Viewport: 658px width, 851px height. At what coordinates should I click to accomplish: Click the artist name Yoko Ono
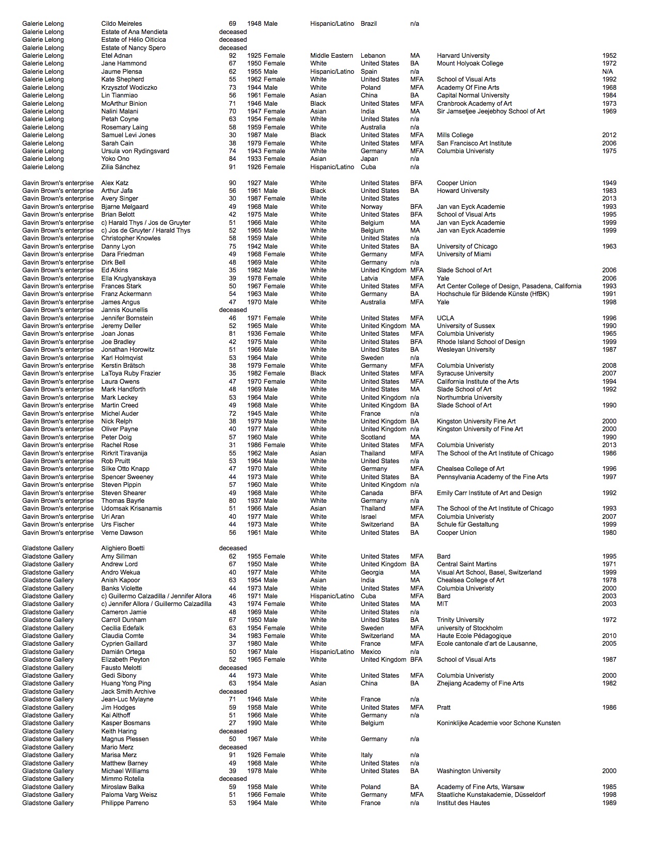(x=115, y=159)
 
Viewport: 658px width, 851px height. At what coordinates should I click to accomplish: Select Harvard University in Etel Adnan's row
(x=463, y=56)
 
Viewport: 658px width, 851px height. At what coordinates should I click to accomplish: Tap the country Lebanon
(x=373, y=56)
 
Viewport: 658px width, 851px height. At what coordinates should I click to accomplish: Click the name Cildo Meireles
(x=121, y=24)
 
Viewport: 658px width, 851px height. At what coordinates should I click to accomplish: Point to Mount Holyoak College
(x=470, y=63)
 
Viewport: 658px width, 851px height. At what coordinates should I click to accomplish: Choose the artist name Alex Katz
(x=115, y=183)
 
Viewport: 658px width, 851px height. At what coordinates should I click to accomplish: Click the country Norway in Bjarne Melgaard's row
(x=372, y=207)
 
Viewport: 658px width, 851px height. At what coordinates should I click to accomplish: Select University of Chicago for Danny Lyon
(x=467, y=247)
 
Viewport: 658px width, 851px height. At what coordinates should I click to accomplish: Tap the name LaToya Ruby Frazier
(x=131, y=373)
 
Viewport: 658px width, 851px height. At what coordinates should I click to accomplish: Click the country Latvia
(x=370, y=279)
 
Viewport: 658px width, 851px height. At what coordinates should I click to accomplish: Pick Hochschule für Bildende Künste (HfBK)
(x=493, y=294)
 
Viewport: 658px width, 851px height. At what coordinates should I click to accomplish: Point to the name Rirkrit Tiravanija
(x=124, y=453)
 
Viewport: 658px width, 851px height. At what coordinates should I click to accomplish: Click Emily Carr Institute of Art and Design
(x=489, y=493)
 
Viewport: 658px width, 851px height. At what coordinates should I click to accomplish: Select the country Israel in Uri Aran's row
(x=368, y=517)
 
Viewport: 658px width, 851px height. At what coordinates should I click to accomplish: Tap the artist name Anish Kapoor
(x=120, y=580)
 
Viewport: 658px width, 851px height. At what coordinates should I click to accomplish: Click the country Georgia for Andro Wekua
(x=372, y=572)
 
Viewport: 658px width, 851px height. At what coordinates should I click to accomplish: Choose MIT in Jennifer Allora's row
(x=442, y=604)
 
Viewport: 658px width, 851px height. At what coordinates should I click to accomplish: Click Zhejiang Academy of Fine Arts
(x=480, y=683)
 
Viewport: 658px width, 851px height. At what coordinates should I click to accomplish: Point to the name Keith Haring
(x=119, y=731)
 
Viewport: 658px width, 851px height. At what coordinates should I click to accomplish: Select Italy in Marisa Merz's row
(x=366, y=755)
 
